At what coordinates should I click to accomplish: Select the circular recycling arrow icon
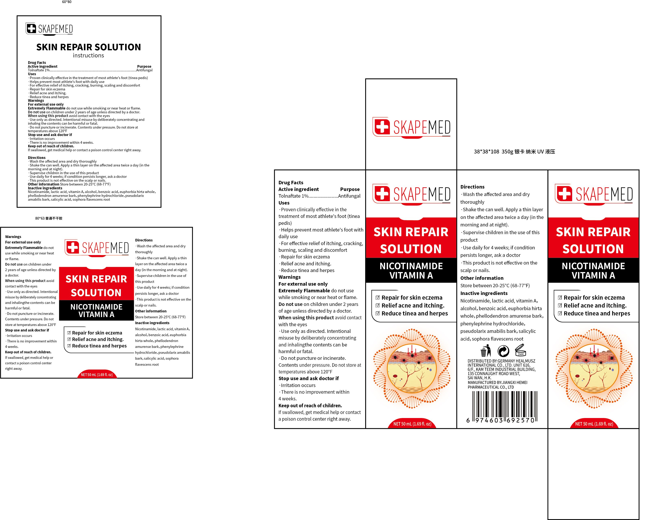[503, 351]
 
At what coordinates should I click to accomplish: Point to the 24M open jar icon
[521, 350]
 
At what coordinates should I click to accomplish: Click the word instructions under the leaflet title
[88, 55]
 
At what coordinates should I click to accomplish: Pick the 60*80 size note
[67, 2]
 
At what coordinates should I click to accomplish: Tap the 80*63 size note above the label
[49, 218]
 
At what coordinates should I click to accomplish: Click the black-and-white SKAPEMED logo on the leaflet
[49, 29]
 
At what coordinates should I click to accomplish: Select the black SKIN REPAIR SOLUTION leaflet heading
[89, 47]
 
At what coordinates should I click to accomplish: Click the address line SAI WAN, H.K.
[480, 378]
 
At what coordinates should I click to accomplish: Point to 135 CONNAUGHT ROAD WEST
[494, 374]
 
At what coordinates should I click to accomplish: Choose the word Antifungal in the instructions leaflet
[144, 70]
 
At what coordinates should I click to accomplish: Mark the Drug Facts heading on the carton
[291, 183]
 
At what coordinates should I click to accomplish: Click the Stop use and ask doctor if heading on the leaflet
[50, 135]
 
